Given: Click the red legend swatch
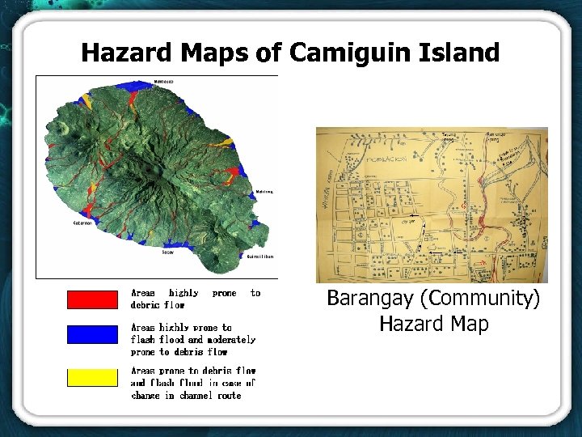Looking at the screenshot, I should [92, 299].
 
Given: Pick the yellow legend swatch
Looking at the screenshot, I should [92, 377].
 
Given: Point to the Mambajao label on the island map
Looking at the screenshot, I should [163, 82].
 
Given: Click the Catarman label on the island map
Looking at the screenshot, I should [84, 223].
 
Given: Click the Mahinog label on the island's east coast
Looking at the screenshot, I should [264, 192].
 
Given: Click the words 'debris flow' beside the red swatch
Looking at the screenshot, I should [158, 306].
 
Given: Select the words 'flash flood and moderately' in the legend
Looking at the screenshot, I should [193, 340].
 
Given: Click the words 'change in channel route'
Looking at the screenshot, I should [186, 396].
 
